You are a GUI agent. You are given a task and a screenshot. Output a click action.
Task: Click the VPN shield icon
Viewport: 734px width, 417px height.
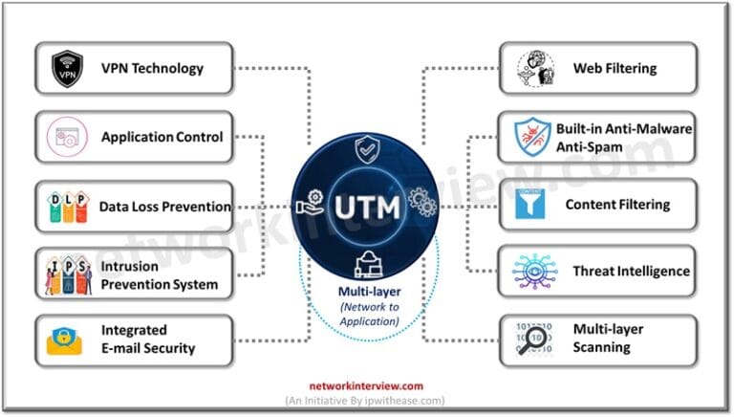pos(67,69)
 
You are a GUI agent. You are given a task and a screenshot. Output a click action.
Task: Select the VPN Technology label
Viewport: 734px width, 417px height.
pos(152,69)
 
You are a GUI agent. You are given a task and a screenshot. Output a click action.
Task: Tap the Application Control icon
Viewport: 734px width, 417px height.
pos(68,138)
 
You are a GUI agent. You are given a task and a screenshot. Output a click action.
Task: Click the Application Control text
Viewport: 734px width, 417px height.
pos(162,137)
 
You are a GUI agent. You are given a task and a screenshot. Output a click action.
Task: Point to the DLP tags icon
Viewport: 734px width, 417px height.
pos(68,206)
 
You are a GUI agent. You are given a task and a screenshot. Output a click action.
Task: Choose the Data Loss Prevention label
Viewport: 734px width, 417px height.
pos(165,207)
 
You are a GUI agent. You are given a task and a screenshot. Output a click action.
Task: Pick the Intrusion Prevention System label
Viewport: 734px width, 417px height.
pos(160,274)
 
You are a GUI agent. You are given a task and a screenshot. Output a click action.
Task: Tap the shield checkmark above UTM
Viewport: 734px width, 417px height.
pos(367,150)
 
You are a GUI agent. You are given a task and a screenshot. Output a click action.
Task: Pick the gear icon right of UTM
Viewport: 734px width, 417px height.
pos(421,202)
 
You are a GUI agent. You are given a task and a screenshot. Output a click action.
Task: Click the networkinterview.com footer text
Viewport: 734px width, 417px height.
pos(365,387)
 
